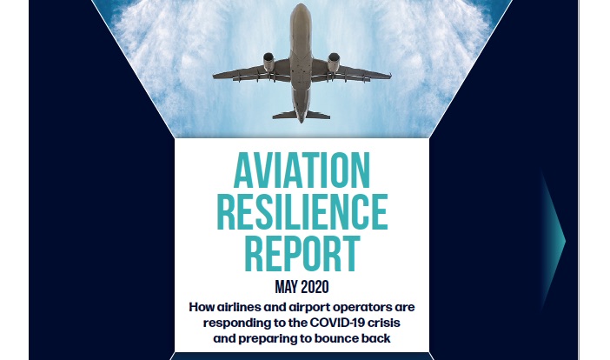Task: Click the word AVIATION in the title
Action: [x=302, y=170]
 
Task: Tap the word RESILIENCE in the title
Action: [x=302, y=211]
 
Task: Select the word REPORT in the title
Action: [x=302, y=253]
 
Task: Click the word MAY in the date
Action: [x=286, y=287]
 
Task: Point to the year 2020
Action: [x=315, y=287]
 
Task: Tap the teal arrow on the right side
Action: [x=554, y=241]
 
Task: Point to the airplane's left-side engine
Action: [x=269, y=62]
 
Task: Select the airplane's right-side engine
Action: [x=334, y=62]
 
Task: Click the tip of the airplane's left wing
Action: [x=214, y=77]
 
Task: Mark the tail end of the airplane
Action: [x=302, y=121]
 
